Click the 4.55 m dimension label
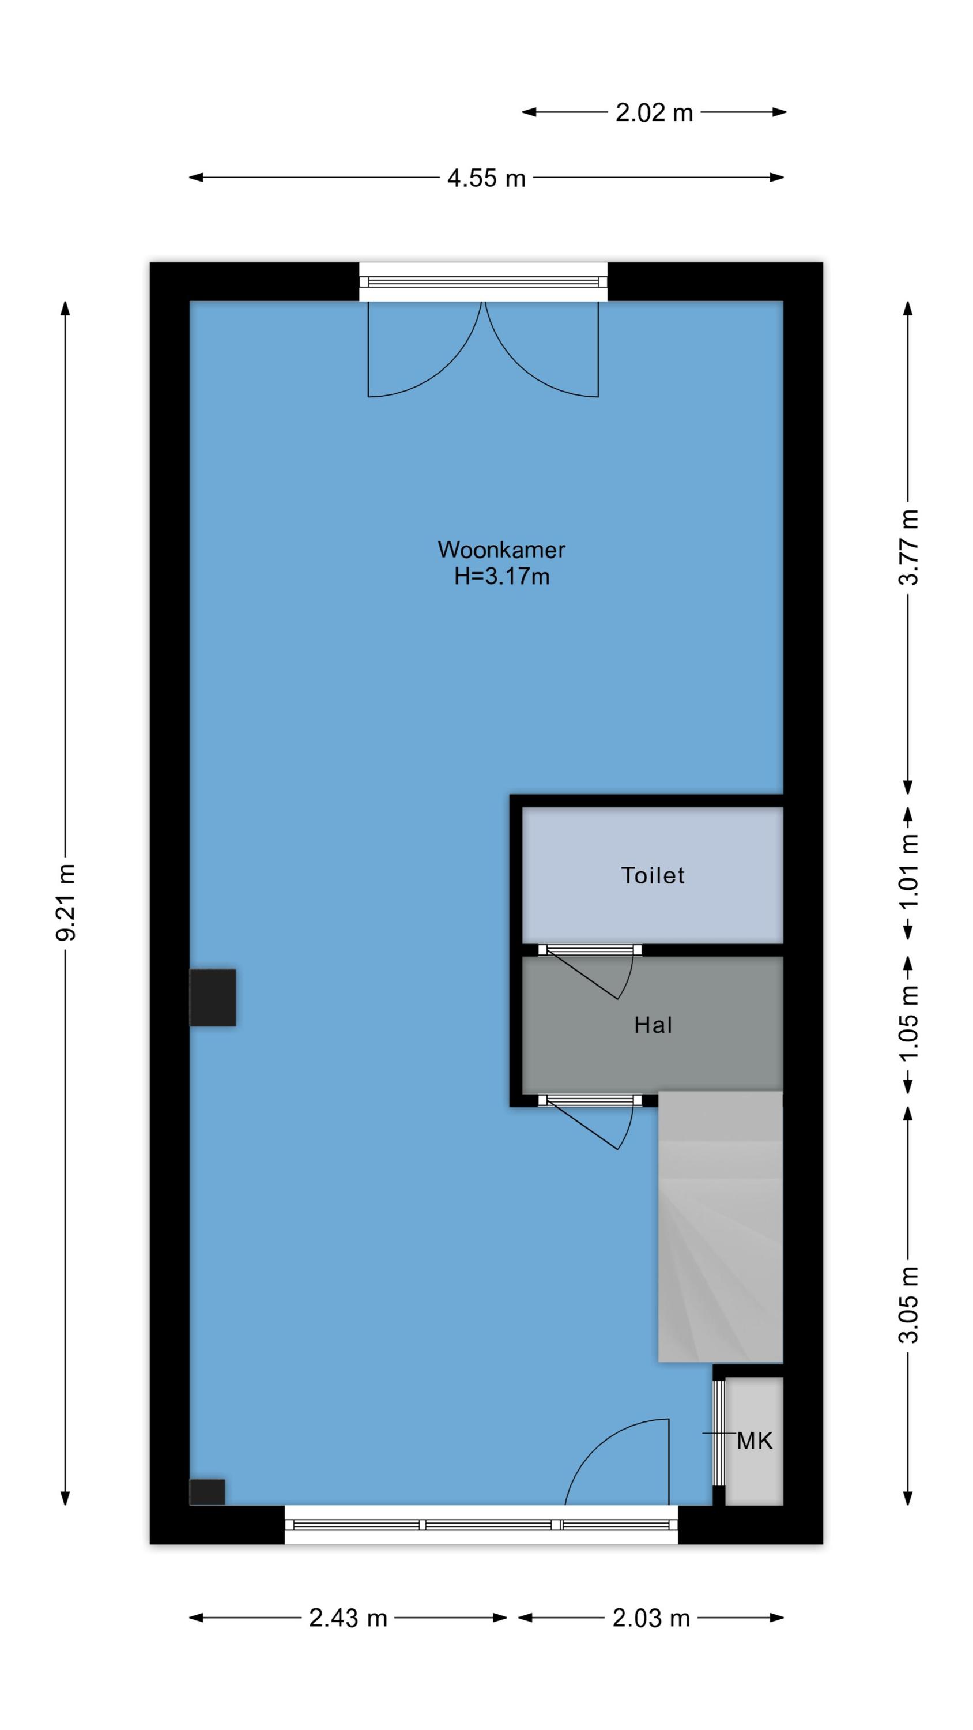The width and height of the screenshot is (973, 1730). (486, 178)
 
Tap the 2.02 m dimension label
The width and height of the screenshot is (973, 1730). (654, 112)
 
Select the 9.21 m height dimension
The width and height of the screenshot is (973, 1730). (66, 902)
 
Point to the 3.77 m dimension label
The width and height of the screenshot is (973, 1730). (908, 547)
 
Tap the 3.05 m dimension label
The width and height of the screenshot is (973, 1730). (908, 1304)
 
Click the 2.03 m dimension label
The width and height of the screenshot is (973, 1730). (651, 1618)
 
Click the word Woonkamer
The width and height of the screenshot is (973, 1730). (501, 550)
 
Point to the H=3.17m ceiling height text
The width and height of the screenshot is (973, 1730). (501, 576)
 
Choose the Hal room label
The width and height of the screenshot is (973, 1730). (653, 1025)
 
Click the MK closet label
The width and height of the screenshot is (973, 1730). (755, 1441)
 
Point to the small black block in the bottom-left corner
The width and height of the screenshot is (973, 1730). (208, 1492)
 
